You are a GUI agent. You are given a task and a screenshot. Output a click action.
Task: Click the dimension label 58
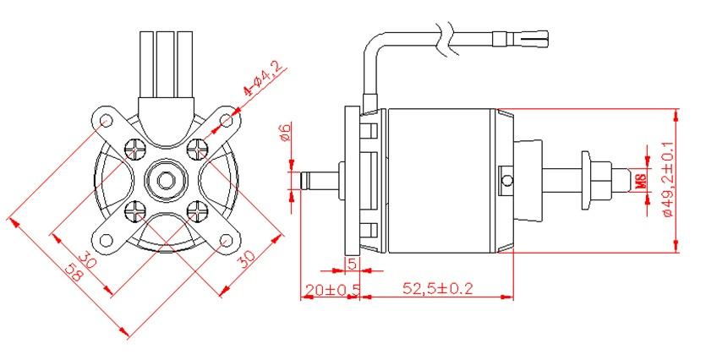pyautogui.click(x=75, y=274)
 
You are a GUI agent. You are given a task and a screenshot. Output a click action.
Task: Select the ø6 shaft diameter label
pyautogui.click(x=285, y=132)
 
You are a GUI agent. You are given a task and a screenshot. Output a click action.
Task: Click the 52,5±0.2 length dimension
pyautogui.click(x=438, y=288)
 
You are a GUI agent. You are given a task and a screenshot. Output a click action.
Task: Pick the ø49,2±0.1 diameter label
pyautogui.click(x=668, y=179)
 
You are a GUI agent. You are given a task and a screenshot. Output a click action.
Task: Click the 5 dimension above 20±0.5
pyautogui.click(x=352, y=263)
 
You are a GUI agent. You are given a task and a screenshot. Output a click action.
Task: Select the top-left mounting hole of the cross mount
pyautogui.click(x=106, y=121)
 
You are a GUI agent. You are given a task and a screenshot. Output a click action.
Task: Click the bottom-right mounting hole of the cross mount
pyautogui.click(x=226, y=240)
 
